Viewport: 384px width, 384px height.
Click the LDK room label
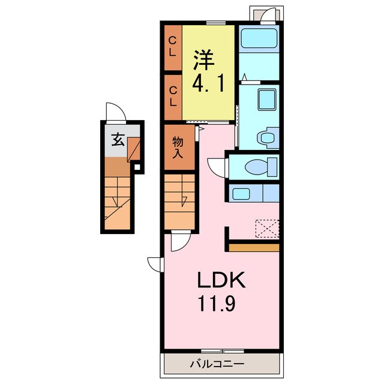[221, 280]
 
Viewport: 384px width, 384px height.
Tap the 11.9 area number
[217, 303]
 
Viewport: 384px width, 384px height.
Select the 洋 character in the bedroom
[204, 60]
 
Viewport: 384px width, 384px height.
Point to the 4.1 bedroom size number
[208, 83]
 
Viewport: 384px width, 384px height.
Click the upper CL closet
[173, 47]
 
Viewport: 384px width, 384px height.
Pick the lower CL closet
[173, 97]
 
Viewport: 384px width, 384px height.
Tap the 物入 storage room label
[178, 148]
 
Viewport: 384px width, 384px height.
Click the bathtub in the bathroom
[259, 38]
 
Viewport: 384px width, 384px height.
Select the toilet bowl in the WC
[257, 167]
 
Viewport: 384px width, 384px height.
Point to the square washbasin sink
[266, 100]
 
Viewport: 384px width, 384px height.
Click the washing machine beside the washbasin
[268, 137]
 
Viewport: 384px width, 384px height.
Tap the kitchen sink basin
[241, 194]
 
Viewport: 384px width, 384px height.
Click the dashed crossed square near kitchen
[267, 229]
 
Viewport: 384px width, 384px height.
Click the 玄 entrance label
[118, 140]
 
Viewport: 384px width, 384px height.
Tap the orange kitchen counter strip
[254, 248]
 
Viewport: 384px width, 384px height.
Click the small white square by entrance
[137, 167]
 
